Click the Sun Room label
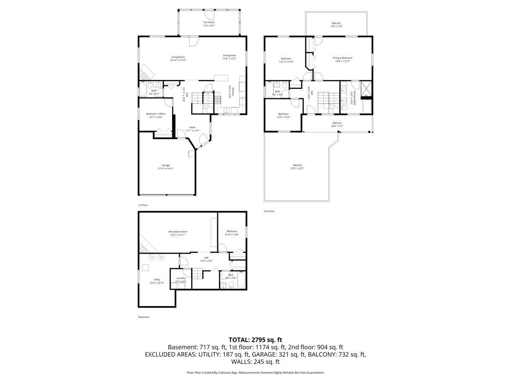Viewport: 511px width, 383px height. (209, 24)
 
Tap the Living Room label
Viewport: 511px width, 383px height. (178, 58)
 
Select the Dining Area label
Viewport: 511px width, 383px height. (229, 57)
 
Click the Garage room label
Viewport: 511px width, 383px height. (166, 167)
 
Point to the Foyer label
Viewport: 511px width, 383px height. (192, 129)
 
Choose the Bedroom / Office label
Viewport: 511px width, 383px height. (155, 115)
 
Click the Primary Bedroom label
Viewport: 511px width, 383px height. (342, 60)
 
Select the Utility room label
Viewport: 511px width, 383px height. (157, 281)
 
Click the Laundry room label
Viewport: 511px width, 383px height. (181, 280)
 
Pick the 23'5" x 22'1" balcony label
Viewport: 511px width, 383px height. (297, 167)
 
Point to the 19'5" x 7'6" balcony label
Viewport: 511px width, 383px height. (336, 25)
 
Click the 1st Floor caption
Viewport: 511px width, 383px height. (143, 205)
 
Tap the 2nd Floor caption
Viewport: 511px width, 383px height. (269, 211)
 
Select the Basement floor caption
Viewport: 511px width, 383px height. (144, 317)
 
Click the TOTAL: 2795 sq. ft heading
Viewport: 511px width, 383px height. (255, 340)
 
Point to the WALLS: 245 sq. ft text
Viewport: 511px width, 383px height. (255, 362)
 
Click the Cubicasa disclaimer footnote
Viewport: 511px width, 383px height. (255, 372)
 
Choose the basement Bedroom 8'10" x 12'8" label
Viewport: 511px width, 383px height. (232, 233)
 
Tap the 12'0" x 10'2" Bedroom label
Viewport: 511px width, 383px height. (284, 115)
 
